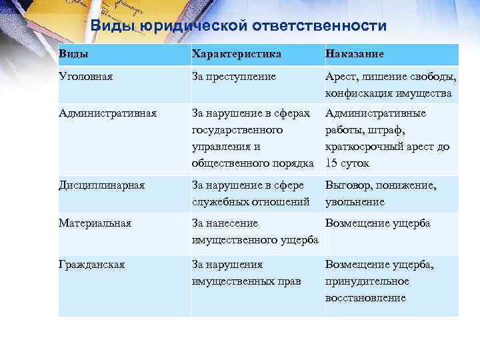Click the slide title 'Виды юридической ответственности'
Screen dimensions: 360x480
(x=238, y=26)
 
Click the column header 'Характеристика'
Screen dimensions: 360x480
(x=236, y=53)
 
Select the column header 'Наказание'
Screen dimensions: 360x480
(x=354, y=53)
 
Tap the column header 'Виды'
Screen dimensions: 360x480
(x=73, y=53)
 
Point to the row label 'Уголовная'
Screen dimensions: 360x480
(x=85, y=77)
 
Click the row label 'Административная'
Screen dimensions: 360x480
(x=107, y=113)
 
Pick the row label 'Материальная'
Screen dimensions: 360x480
(x=95, y=223)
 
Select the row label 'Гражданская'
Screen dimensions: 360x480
(x=91, y=265)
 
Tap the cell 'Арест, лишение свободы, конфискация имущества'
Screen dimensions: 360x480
(x=391, y=85)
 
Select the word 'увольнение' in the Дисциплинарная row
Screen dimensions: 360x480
(x=355, y=201)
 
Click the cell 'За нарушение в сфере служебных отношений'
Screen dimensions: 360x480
(x=250, y=193)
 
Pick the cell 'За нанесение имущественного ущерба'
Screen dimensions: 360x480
(x=254, y=231)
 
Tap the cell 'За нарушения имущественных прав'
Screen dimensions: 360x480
(x=245, y=273)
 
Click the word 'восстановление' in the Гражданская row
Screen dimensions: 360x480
(x=365, y=298)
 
